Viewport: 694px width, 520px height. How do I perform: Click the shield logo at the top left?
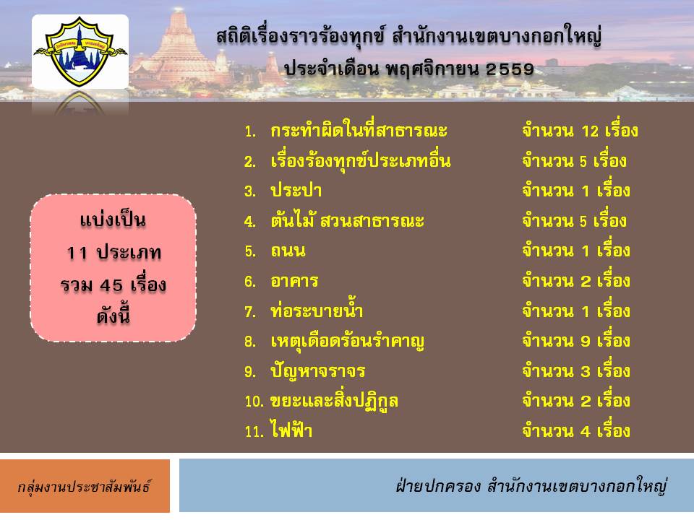[x=80, y=51]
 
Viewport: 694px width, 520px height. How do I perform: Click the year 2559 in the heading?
[x=510, y=69]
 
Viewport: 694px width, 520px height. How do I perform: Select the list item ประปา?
[x=296, y=191]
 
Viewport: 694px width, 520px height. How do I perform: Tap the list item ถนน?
[x=288, y=251]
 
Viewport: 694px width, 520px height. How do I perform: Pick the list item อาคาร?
[x=294, y=281]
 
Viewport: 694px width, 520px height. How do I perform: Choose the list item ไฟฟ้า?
[x=291, y=430]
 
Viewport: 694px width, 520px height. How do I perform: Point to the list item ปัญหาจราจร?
[x=318, y=371]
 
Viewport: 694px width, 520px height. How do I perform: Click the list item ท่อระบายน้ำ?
[x=317, y=310]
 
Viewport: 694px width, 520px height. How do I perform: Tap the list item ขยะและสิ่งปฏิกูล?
[x=334, y=401]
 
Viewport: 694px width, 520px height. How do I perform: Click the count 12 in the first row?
[x=590, y=131]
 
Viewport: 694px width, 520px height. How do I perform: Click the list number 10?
[x=254, y=402]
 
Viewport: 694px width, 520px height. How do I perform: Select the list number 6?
[x=250, y=282]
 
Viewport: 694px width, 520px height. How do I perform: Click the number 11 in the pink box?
[x=77, y=253]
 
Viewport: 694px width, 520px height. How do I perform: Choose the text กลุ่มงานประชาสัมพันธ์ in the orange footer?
[x=84, y=486]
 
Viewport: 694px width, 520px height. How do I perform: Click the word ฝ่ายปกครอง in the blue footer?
[x=438, y=485]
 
